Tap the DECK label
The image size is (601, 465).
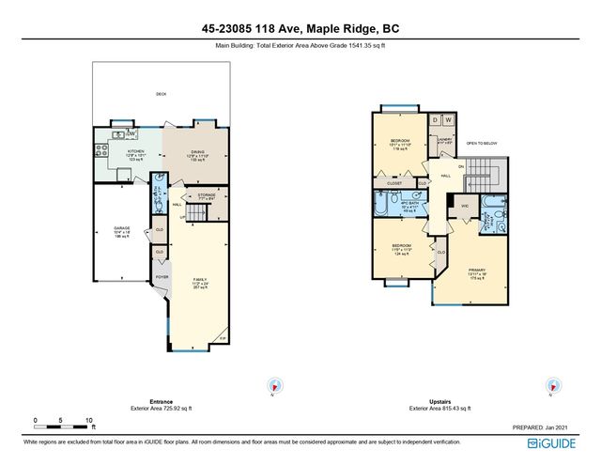tap(160, 94)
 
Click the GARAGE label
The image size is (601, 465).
tap(121, 228)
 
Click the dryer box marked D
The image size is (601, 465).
tap(435, 120)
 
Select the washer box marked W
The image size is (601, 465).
tap(448, 120)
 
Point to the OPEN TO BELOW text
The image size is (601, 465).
tap(483, 144)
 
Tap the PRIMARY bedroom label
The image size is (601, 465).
tap(478, 269)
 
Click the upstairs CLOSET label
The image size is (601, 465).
tap(393, 184)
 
